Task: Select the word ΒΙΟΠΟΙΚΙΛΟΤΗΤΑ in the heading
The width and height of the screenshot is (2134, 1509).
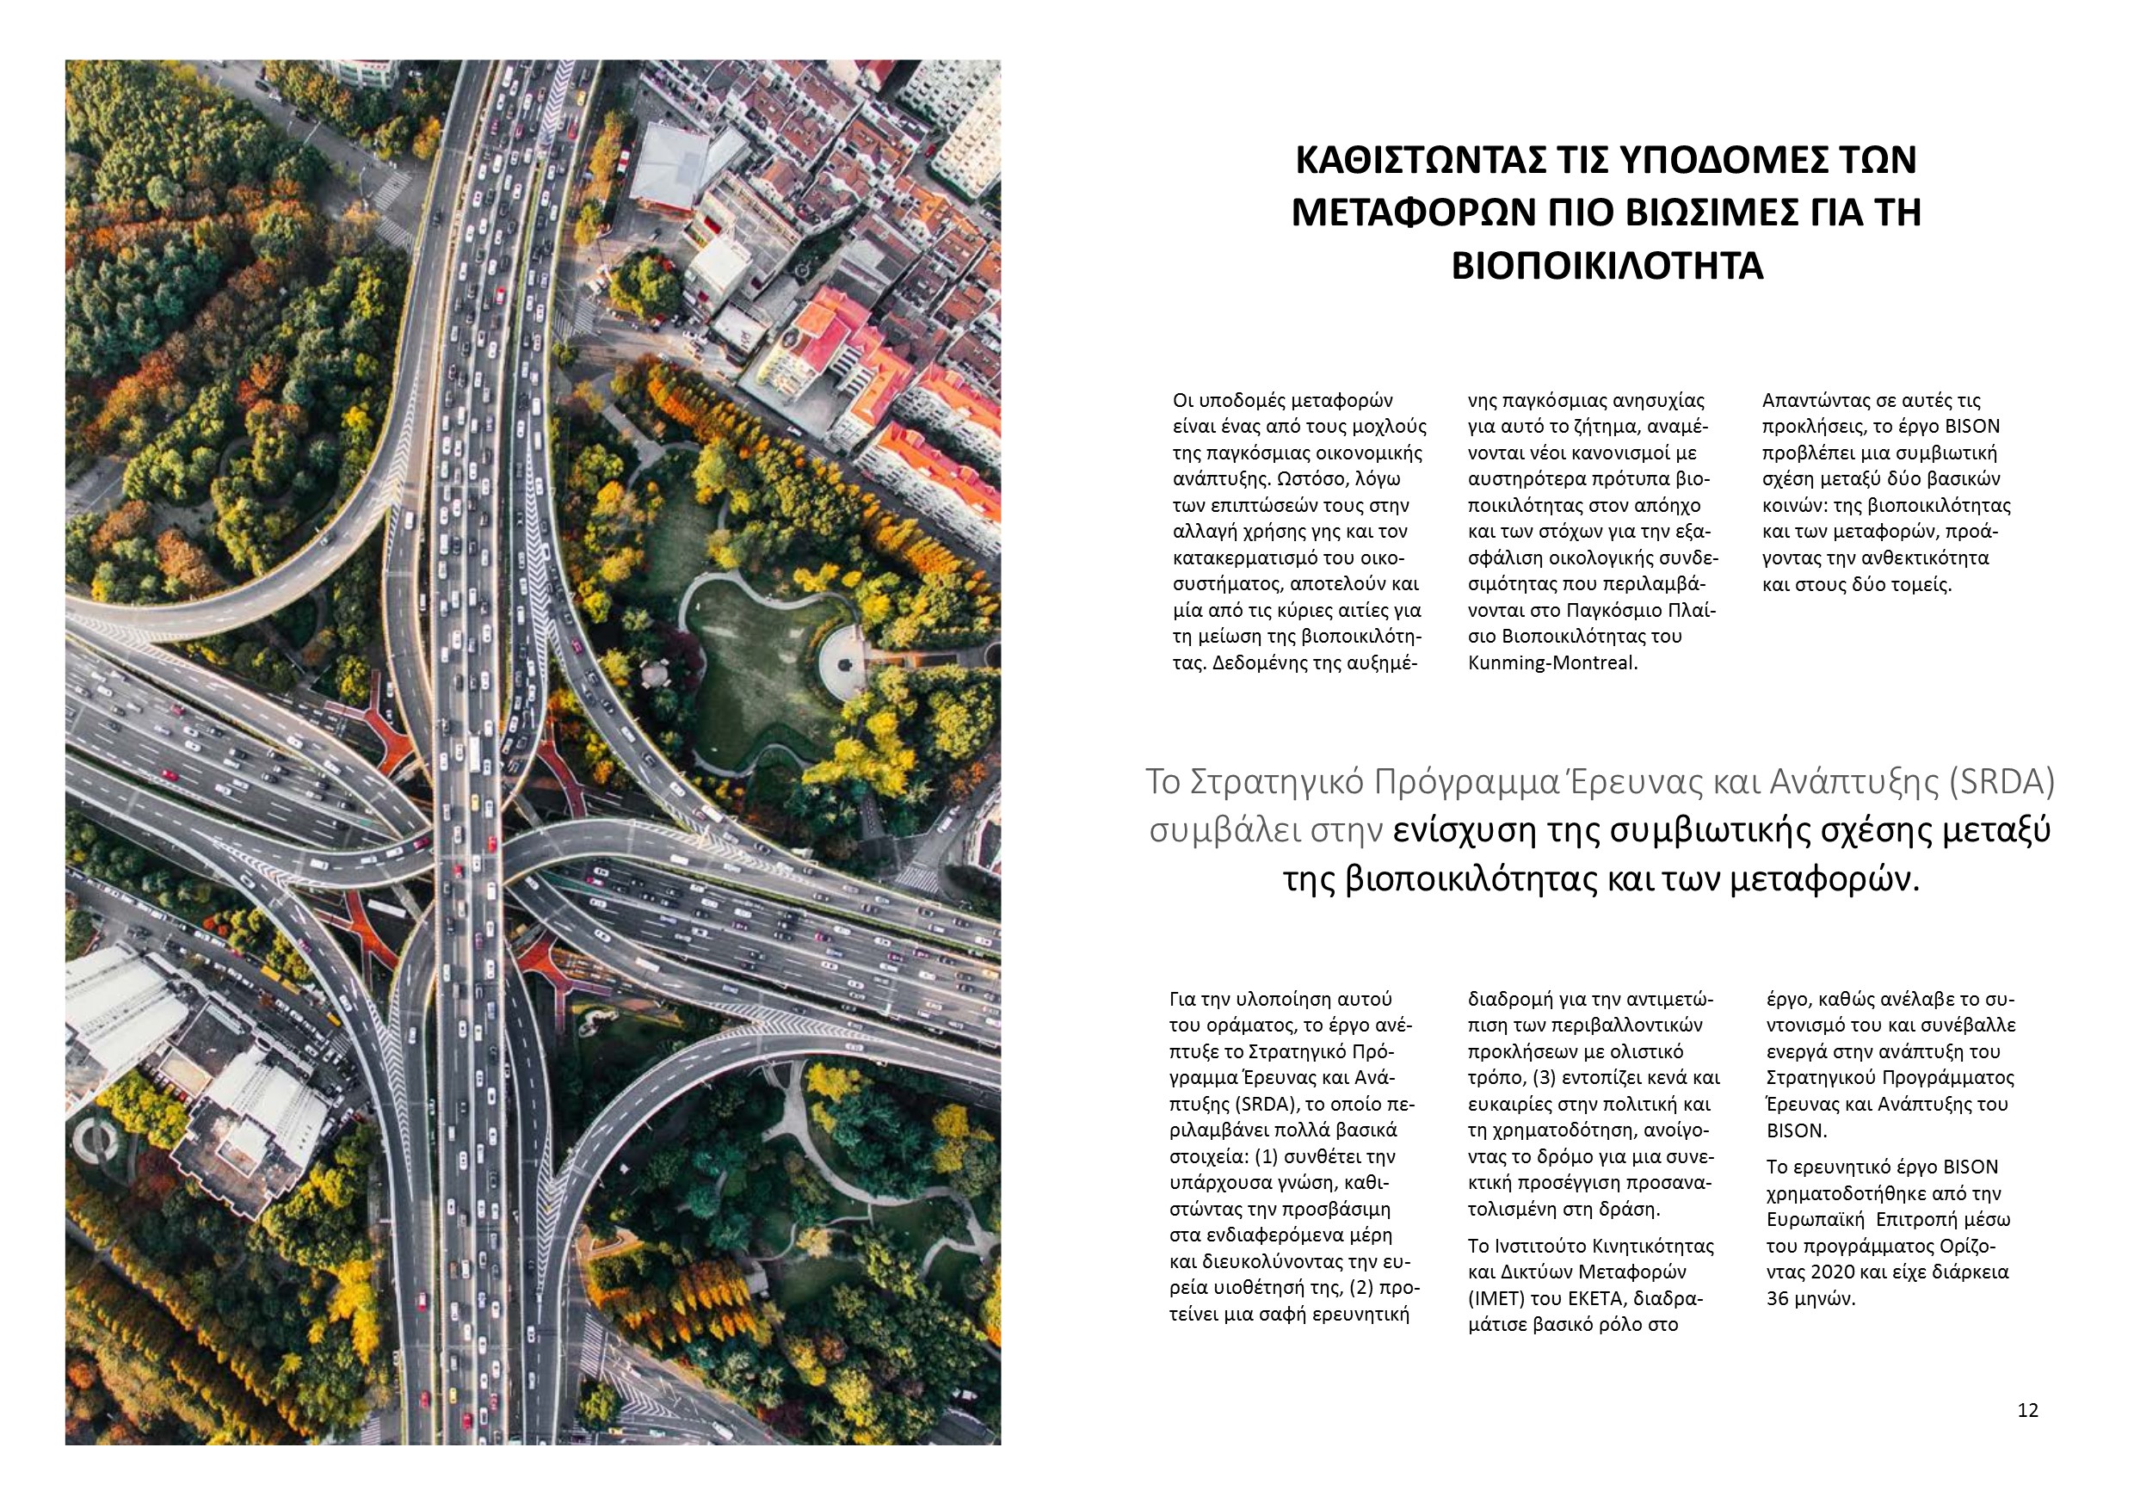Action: [1607, 267]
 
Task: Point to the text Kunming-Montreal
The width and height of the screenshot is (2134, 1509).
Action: [1552, 663]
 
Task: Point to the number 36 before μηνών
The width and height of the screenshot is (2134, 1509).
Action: [1777, 1299]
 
